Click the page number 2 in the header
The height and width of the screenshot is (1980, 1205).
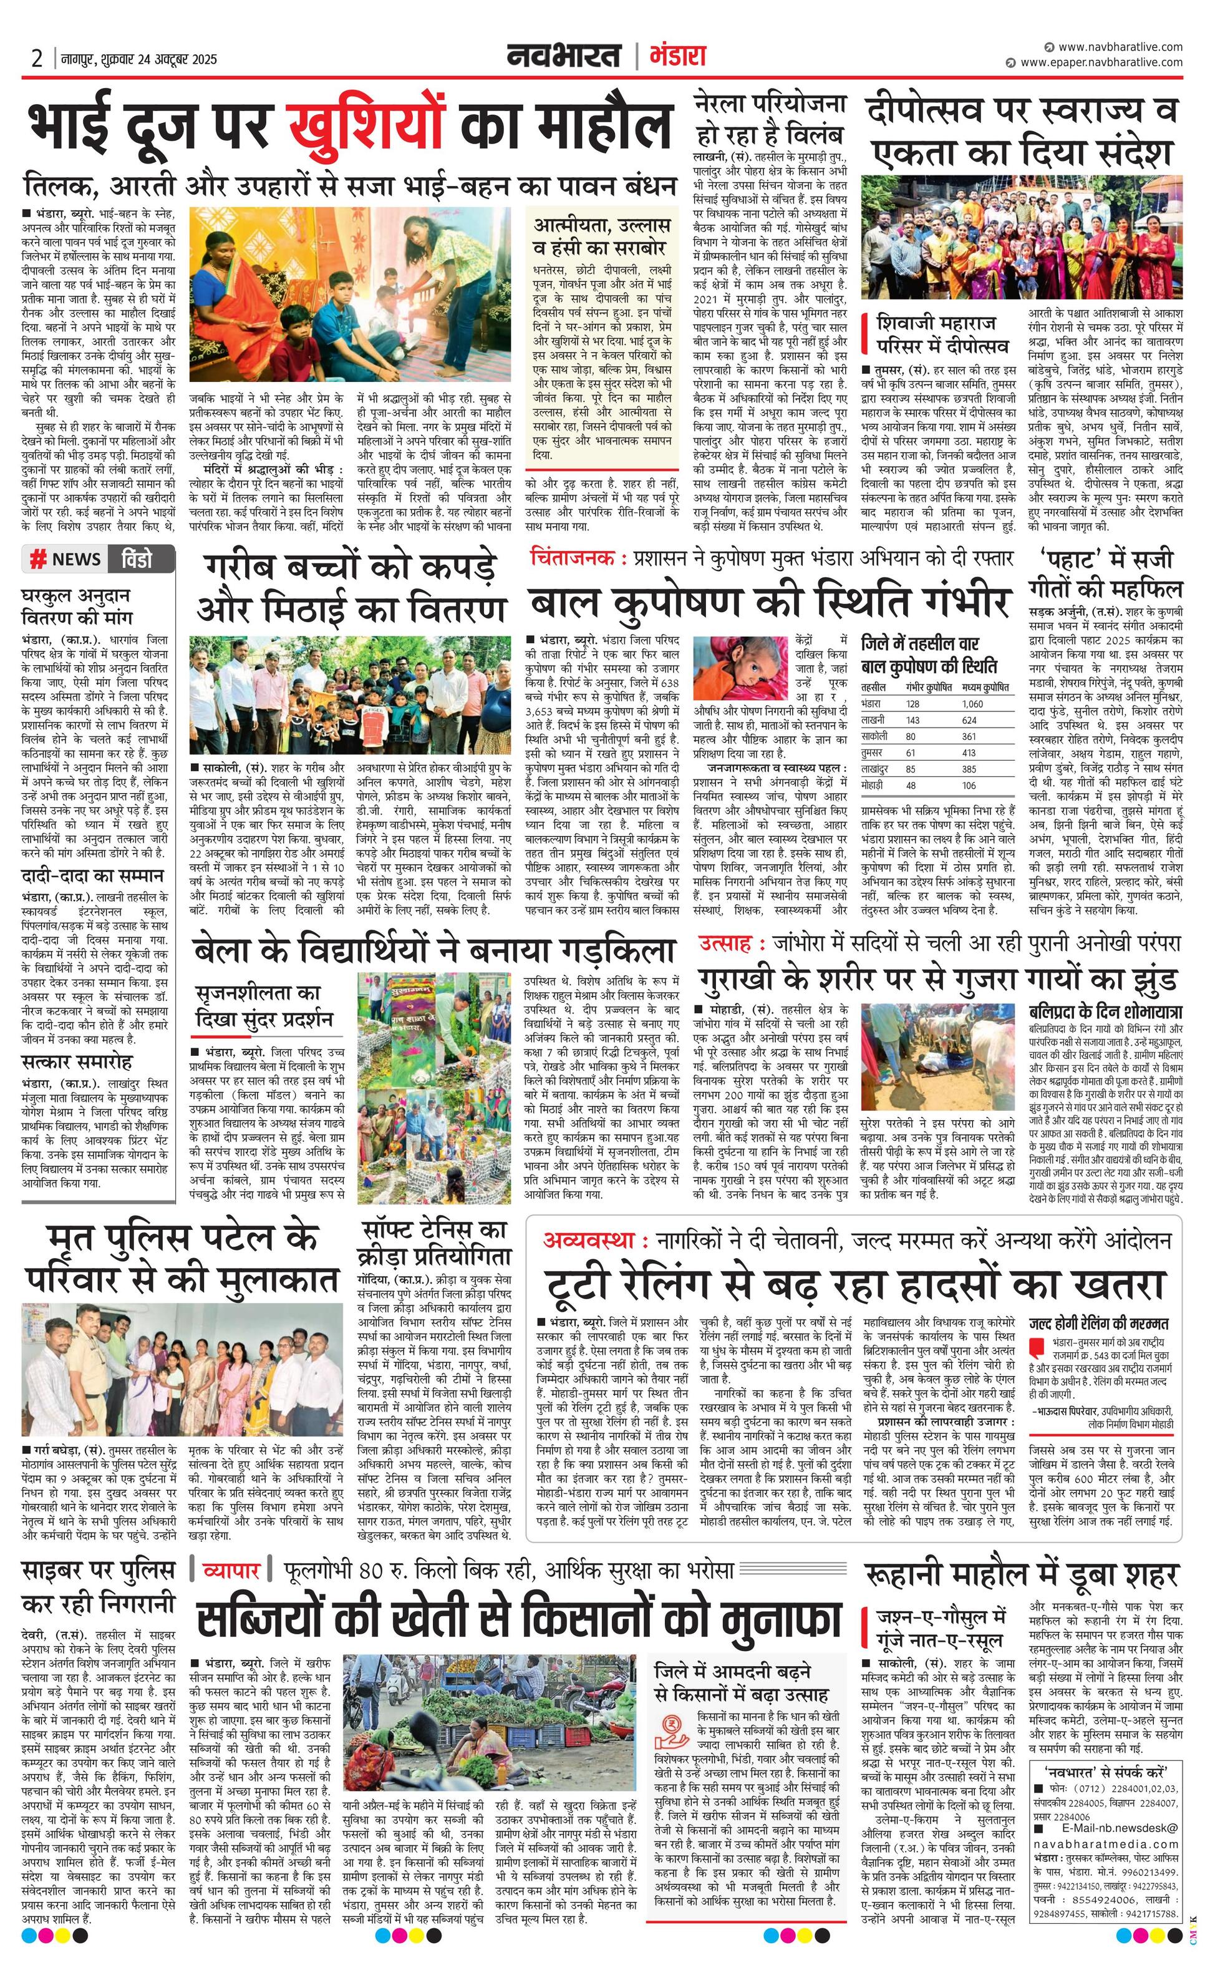click(x=36, y=59)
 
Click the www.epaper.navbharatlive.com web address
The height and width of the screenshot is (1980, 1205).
click(x=1101, y=62)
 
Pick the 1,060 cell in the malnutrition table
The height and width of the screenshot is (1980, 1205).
click(x=972, y=704)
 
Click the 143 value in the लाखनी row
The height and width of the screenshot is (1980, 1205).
click(x=912, y=720)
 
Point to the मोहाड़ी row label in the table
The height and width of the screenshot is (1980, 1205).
click(x=873, y=785)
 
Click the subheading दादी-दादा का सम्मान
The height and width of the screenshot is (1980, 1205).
click(x=92, y=875)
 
